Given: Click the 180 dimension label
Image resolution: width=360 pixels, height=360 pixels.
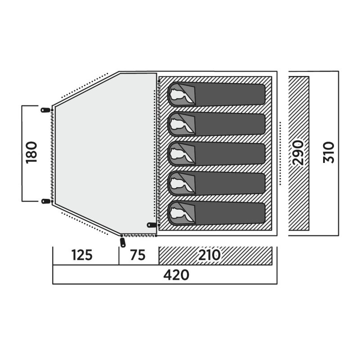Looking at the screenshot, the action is pyautogui.click(x=31, y=153).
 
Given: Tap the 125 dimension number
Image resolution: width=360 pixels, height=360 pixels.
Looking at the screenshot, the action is pyautogui.click(x=82, y=255).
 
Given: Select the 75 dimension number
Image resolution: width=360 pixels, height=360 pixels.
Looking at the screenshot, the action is pyautogui.click(x=138, y=255).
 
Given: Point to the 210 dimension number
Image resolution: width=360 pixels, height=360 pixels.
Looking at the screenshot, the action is pyautogui.click(x=209, y=255).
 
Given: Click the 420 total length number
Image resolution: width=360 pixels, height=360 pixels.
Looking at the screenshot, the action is pyautogui.click(x=176, y=275).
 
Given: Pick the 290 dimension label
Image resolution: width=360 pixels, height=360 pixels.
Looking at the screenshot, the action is pyautogui.click(x=298, y=153).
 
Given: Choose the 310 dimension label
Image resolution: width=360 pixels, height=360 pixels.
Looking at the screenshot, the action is pyautogui.click(x=329, y=153).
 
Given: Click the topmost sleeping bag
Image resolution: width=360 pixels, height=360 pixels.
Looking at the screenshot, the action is pyautogui.click(x=216, y=94).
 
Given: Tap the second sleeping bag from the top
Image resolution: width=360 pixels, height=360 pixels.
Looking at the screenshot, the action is pyautogui.click(x=216, y=124).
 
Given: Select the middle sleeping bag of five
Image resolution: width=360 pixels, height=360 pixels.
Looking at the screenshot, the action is pyautogui.click(x=216, y=153).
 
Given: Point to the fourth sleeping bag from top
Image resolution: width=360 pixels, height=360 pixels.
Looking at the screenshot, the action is pyautogui.click(x=216, y=184).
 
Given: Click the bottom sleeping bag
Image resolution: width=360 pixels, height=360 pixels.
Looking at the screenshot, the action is pyautogui.click(x=216, y=213).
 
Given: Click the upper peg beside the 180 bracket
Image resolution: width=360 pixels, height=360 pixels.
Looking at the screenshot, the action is pyautogui.click(x=45, y=110).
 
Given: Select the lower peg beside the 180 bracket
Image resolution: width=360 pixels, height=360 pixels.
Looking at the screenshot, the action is pyautogui.click(x=46, y=201).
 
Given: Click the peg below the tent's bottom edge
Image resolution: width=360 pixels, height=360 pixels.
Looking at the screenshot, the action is pyautogui.click(x=123, y=243).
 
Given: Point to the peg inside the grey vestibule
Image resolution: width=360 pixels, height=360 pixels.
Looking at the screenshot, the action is pyautogui.click(x=152, y=225).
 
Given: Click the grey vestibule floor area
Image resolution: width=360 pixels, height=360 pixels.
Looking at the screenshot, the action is pyautogui.click(x=106, y=153).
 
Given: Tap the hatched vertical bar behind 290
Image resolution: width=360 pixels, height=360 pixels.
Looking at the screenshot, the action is pyautogui.click(x=299, y=153).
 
